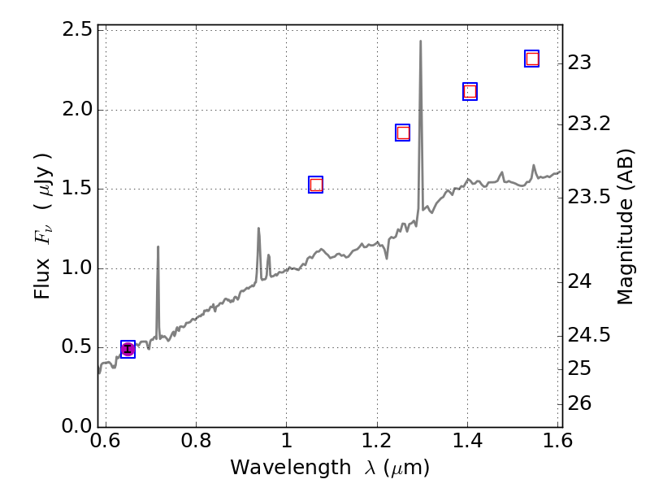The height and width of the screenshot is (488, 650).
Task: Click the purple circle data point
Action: click(128, 349)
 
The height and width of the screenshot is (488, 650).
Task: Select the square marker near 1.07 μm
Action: click(316, 185)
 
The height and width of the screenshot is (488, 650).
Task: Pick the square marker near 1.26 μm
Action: click(403, 133)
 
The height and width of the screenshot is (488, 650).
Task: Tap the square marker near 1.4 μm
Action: click(470, 91)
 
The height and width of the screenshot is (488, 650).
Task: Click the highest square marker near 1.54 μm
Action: click(532, 59)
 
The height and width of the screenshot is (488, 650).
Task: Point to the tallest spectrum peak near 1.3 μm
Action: click(420, 41)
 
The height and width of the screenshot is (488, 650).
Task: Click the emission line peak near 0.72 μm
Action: click(158, 246)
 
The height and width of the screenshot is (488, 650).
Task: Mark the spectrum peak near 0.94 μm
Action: click(258, 229)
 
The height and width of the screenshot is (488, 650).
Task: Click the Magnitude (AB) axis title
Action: click(625, 226)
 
